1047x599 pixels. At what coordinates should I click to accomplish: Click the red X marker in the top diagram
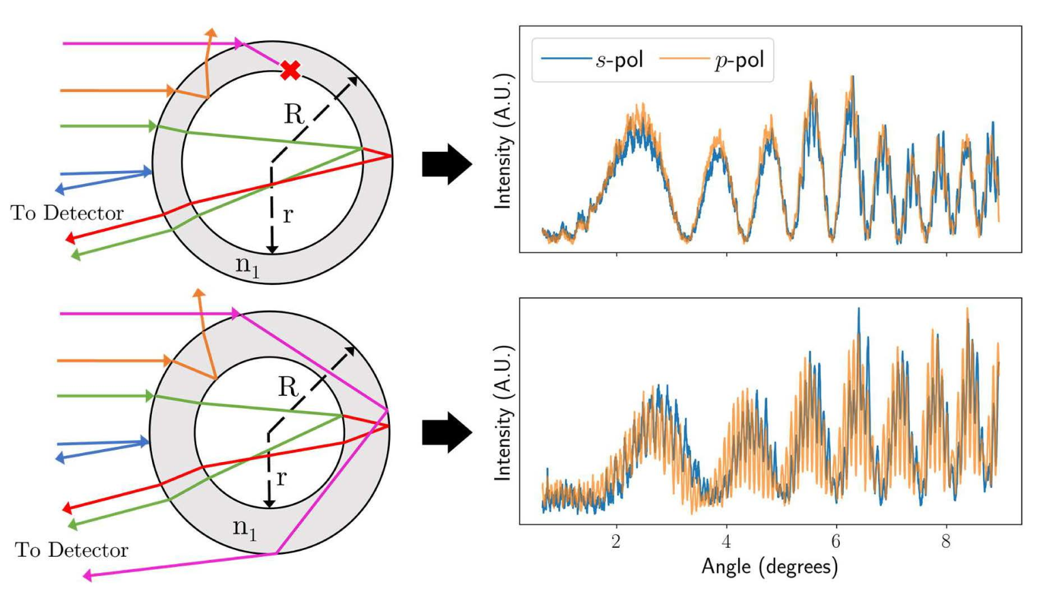290,70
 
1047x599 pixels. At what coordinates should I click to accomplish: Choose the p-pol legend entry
712,60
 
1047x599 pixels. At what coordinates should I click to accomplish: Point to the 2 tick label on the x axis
616,541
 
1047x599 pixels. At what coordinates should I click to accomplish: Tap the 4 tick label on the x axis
726,541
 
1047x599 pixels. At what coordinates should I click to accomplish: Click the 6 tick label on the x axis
836,541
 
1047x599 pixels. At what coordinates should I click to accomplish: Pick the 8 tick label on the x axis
945,541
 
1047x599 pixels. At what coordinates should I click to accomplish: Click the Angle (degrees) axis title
770,566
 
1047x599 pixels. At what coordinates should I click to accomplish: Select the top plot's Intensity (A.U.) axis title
503,140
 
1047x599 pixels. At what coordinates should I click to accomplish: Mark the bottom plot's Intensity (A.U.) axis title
503,413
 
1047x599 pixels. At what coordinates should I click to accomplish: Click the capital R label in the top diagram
294,114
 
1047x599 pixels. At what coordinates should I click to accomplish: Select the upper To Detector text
67,213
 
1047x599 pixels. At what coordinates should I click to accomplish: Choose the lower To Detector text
72,550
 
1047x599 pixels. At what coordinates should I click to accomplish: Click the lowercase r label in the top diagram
288,215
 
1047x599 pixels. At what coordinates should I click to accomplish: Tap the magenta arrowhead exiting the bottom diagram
87,576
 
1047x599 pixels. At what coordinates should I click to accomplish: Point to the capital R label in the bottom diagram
288,387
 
